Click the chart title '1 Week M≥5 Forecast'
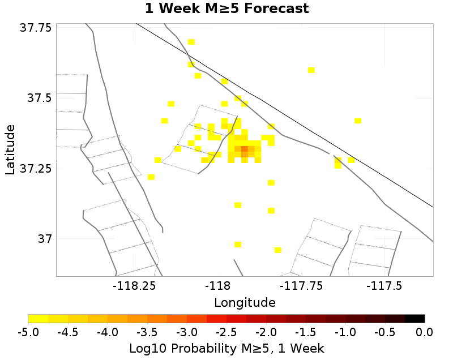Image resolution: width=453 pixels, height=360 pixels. click(x=226, y=8)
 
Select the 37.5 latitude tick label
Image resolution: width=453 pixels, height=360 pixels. click(x=40, y=98)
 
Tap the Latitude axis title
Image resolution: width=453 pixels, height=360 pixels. click(x=10, y=150)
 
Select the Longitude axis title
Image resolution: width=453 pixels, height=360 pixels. click(x=245, y=302)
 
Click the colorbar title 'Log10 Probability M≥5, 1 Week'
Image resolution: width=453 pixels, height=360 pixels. click(x=226, y=347)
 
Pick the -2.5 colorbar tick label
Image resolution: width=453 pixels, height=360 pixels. click(x=226, y=331)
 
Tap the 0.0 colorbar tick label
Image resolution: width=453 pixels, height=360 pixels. click(x=425, y=331)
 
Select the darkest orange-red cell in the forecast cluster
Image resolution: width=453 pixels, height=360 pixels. click(x=245, y=149)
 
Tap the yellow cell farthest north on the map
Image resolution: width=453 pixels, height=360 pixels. click(x=191, y=42)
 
